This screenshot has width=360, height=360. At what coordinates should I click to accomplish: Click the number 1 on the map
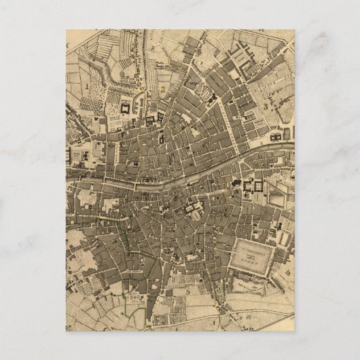tap(88, 86)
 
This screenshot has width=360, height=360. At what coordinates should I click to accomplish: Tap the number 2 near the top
tap(164, 88)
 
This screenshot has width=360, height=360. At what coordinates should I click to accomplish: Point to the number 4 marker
tap(289, 272)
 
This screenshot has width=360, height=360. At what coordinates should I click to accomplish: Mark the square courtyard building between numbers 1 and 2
tap(126, 107)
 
